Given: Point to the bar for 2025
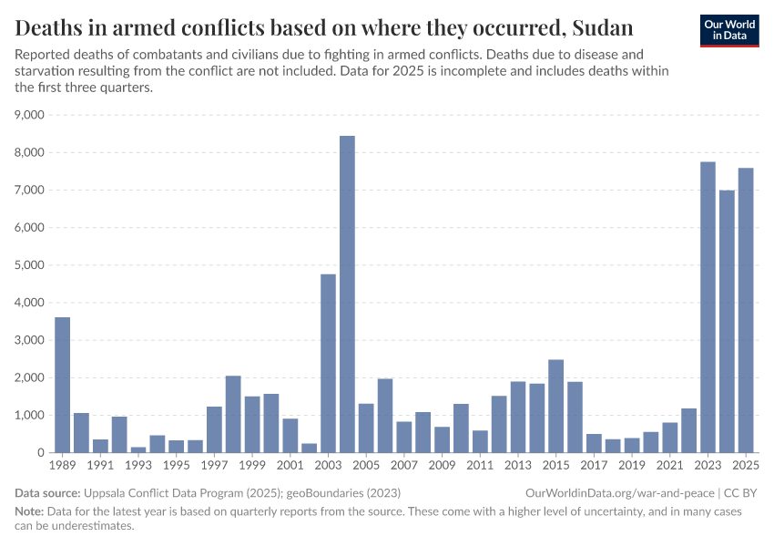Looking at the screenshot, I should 746,310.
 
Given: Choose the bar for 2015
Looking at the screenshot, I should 555,406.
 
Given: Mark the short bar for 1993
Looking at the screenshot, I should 138,449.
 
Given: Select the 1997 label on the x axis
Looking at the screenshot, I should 214,466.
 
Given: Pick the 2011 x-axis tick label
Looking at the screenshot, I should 480,466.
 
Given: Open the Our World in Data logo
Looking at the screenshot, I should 728,30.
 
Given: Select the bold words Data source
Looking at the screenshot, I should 46,492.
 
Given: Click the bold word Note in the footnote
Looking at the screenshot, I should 29,511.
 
